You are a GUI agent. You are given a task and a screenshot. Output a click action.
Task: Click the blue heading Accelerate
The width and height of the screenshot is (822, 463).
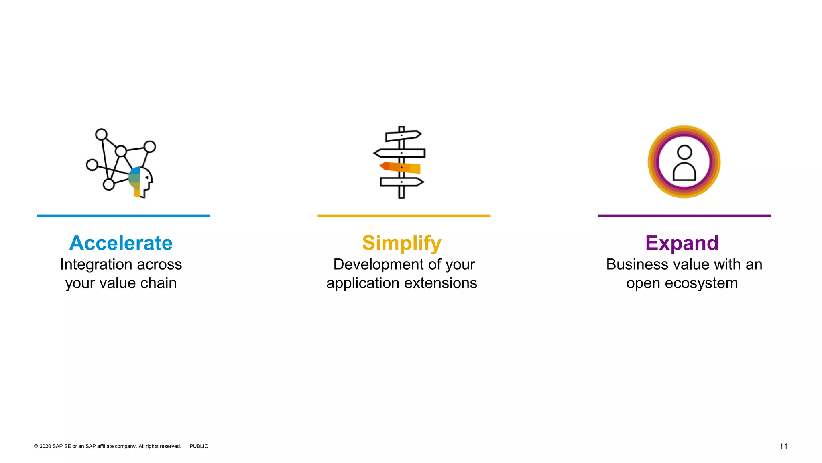tap(121, 243)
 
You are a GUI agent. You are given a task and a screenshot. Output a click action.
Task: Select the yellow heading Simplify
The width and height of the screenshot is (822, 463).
tap(402, 243)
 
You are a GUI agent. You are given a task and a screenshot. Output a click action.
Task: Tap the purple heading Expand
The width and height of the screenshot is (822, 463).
tap(682, 243)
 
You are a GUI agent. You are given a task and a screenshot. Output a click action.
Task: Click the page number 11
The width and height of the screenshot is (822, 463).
tap(783, 446)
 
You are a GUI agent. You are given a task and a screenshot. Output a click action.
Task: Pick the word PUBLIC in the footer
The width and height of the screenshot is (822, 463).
tap(199, 446)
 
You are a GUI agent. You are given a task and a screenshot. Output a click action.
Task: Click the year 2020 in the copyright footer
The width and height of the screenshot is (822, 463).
tap(45, 446)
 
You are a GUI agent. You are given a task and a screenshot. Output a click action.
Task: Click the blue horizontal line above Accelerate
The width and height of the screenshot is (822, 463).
tap(124, 216)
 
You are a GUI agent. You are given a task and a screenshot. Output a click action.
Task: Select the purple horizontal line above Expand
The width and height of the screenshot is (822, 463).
tap(684, 216)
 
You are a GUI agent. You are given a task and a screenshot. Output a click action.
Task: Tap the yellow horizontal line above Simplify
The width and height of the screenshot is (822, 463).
tap(404, 216)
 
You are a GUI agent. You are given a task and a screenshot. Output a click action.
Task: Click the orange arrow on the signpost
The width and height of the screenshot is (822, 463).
tap(399, 167)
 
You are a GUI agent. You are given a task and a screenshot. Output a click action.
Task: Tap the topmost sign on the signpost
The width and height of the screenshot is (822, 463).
tap(403, 135)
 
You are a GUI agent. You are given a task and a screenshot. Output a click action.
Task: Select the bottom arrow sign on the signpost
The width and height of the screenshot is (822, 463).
tap(401, 182)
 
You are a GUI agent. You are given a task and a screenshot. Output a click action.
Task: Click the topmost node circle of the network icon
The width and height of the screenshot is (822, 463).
tap(101, 134)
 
